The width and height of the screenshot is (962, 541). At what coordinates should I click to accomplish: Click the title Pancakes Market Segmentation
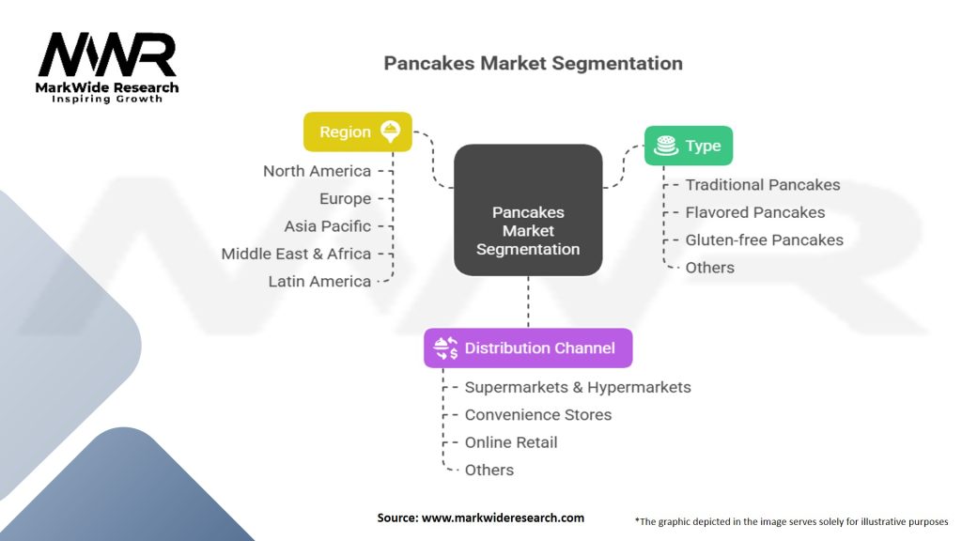click(x=533, y=64)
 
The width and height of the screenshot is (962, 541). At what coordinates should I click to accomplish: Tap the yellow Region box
click(x=357, y=131)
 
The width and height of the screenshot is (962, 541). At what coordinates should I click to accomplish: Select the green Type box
click(x=689, y=146)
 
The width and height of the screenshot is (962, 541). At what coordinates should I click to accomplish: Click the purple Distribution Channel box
click(x=527, y=348)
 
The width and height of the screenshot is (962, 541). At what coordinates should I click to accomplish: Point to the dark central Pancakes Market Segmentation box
click(x=528, y=230)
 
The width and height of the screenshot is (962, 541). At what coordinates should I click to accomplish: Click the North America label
click(x=317, y=171)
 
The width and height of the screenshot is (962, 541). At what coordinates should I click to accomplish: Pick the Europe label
click(x=345, y=199)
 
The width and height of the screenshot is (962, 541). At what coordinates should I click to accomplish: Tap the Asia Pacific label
click(x=327, y=226)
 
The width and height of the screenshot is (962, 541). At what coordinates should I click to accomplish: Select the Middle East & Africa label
click(x=296, y=254)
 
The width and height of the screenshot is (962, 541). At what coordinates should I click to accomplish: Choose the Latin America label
click(x=319, y=281)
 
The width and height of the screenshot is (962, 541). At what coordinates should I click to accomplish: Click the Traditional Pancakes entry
click(x=763, y=185)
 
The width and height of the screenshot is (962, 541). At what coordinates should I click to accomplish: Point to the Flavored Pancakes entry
click(x=755, y=212)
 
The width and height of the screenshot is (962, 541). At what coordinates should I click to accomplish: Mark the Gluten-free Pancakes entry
click(x=764, y=240)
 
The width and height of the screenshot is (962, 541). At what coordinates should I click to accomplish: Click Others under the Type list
click(x=709, y=268)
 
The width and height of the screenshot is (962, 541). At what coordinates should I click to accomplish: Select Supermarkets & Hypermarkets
click(x=578, y=387)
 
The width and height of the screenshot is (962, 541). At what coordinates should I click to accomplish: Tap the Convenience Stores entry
click(x=538, y=414)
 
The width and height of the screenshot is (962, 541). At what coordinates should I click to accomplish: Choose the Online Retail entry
click(x=511, y=442)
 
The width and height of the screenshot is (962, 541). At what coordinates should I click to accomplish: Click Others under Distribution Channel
click(x=489, y=470)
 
